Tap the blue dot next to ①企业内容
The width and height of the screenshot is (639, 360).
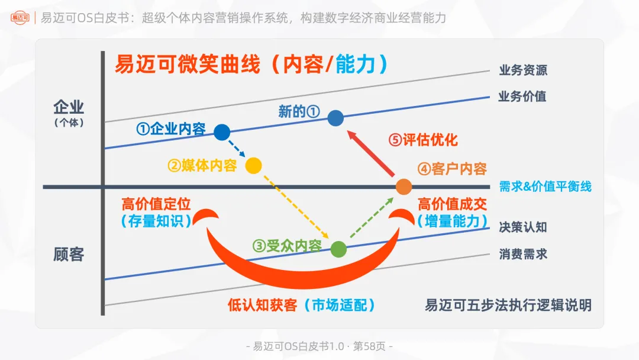click(222, 132)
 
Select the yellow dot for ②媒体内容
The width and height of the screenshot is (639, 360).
click(253, 166)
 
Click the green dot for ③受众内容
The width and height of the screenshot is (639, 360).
click(338, 249)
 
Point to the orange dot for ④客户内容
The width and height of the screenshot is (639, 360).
click(404, 187)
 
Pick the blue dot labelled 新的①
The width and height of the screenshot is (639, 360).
click(335, 118)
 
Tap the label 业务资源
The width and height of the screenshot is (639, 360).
click(523, 70)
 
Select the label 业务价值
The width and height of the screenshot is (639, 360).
click(522, 97)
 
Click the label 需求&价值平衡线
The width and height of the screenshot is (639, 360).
click(545, 187)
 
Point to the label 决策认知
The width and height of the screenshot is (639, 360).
click(523, 227)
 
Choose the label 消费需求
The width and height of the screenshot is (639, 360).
click(523, 254)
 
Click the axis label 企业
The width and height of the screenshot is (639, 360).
click(69, 107)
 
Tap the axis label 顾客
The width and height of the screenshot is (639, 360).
click(69, 255)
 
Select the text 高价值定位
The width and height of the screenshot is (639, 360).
click(156, 204)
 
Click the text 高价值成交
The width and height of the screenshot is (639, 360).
click(453, 204)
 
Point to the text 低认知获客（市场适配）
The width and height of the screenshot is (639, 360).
click(302, 306)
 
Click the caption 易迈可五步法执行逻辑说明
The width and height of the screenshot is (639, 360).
click(508, 306)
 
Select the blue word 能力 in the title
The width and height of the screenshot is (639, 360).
click(356, 65)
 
